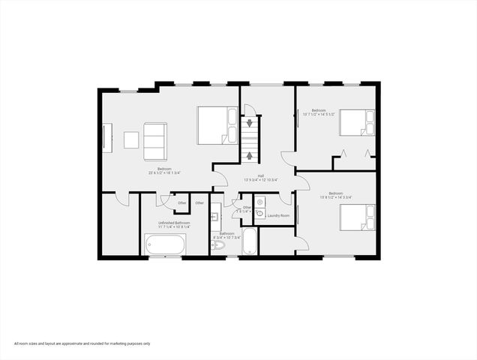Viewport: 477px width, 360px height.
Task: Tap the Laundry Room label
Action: coord(277,216)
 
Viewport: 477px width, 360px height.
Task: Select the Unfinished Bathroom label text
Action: coord(173,223)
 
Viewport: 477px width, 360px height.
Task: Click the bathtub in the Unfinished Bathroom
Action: coord(165,244)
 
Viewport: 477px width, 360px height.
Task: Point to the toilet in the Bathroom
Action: coord(217,244)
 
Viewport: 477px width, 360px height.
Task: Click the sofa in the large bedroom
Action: coord(154,140)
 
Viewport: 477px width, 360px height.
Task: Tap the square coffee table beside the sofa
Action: coord(131,140)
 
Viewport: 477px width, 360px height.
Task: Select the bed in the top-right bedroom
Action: coord(356,122)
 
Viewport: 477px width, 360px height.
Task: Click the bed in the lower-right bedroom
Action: coord(357,217)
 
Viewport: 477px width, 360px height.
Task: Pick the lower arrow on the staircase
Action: coord(250,156)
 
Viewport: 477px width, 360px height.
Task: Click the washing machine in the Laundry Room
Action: coord(259,213)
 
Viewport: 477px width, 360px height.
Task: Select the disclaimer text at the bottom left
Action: coord(82,343)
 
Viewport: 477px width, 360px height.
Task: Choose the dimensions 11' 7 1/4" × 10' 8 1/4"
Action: coord(173,227)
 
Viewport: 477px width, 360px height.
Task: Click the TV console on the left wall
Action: coord(106,140)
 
